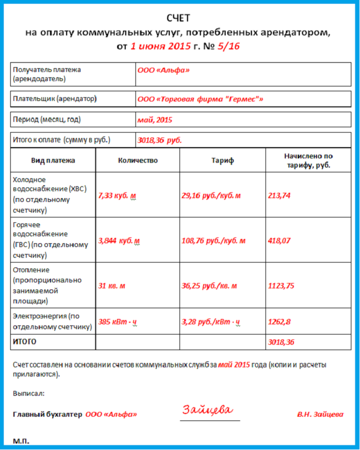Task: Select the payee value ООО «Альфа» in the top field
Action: click(163, 70)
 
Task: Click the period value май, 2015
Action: click(155, 120)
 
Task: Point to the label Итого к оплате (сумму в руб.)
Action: click(61, 140)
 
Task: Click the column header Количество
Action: click(138, 161)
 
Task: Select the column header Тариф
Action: click(222, 161)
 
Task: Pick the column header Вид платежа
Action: click(53, 161)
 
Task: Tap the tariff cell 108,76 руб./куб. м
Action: click(213, 241)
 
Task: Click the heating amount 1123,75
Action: click(281, 286)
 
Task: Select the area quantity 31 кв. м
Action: click(112, 286)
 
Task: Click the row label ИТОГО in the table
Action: click(24, 342)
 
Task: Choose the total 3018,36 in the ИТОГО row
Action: click(281, 342)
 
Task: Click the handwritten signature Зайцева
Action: click(207, 411)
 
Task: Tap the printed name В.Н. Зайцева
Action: click(320, 415)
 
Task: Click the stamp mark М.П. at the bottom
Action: click(21, 441)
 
